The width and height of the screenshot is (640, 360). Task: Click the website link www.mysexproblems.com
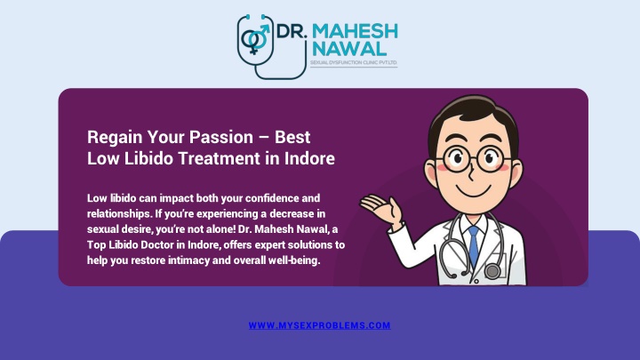tap(320, 325)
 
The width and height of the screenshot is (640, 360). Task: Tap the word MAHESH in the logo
tap(355, 31)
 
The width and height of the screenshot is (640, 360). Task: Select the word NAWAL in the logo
tap(349, 49)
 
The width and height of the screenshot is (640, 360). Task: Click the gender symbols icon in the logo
tap(255, 39)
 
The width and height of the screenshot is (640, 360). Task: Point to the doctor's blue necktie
tap(474, 246)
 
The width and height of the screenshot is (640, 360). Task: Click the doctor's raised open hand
tap(380, 209)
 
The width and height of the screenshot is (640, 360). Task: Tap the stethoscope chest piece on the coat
tap(492, 271)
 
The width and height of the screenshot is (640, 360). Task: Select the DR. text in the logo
tap(292, 31)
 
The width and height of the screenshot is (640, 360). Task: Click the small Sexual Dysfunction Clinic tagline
tap(354, 62)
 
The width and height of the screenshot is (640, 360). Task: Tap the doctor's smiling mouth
tap(474, 191)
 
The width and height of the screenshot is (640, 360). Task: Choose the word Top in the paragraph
tap(96, 245)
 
